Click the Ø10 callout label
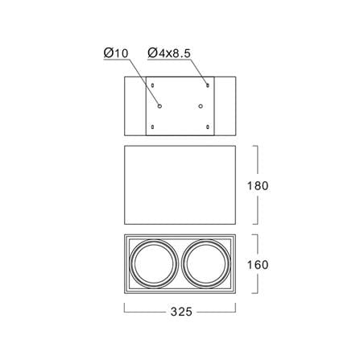pos(116,53)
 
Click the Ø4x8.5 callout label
pos(169,53)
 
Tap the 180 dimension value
pos(258,186)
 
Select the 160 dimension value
pos(258,265)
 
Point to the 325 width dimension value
pos(181,312)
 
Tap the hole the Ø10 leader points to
pos(159,106)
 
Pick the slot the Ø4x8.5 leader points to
pos(208,85)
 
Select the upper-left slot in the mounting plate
pos(153,85)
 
